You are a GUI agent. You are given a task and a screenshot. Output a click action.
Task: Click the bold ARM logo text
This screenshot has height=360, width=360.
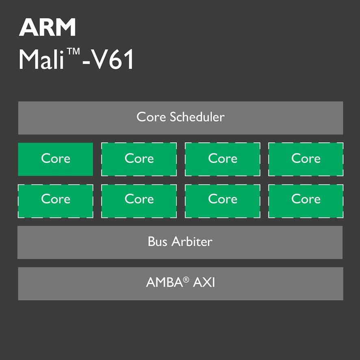[x=47, y=27]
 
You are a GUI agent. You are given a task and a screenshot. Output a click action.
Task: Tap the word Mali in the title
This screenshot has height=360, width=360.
[x=41, y=59]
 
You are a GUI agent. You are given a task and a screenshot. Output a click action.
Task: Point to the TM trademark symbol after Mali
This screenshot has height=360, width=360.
[x=73, y=52]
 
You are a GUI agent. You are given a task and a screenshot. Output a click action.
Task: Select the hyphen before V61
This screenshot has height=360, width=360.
[x=86, y=62]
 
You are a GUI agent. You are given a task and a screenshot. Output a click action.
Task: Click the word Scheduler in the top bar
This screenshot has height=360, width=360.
[x=197, y=117]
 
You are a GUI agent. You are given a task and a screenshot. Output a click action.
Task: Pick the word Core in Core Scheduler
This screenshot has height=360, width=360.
[x=151, y=117]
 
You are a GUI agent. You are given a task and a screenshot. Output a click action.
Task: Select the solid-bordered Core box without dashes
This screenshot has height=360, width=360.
[x=56, y=159]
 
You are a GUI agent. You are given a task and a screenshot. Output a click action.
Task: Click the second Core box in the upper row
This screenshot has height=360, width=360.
[x=139, y=159]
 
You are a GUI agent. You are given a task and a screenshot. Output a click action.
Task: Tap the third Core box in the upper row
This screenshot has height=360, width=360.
[x=223, y=159]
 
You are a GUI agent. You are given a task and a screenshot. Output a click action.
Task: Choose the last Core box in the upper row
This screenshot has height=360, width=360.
[x=306, y=159]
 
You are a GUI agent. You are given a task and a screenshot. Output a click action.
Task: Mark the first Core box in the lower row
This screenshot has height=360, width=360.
[x=56, y=201]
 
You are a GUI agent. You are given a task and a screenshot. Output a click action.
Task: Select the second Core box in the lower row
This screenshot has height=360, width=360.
[x=139, y=201]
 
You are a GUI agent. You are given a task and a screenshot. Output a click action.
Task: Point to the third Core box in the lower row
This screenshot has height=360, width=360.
[x=223, y=201]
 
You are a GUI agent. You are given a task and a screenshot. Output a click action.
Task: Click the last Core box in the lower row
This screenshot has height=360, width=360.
[x=306, y=201]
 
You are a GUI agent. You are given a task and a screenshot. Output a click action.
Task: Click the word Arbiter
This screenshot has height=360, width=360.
[x=192, y=241]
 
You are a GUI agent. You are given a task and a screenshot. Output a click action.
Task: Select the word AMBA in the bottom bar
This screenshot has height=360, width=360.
[x=165, y=282]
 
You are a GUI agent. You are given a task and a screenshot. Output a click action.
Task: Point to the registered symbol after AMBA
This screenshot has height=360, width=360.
[x=186, y=280]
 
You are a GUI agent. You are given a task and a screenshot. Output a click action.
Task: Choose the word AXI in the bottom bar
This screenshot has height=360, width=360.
[x=204, y=282]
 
